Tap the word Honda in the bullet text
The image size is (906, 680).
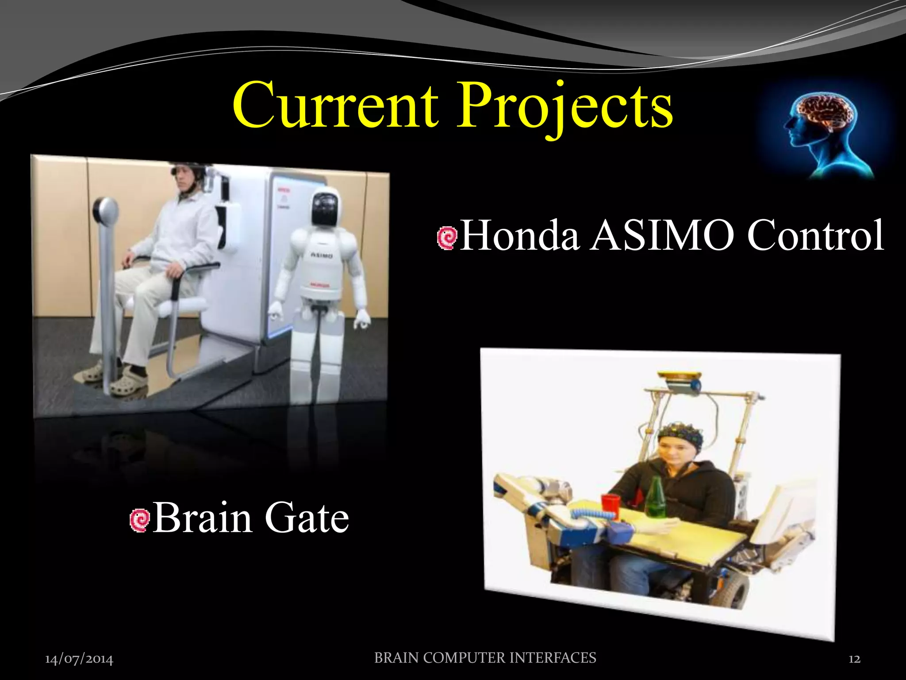click(x=520, y=236)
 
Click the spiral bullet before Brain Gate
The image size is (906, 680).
click(x=140, y=520)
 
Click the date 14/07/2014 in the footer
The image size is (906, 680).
click(x=79, y=659)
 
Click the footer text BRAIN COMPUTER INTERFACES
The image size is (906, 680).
click(x=485, y=658)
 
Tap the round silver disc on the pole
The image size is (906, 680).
click(x=106, y=210)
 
